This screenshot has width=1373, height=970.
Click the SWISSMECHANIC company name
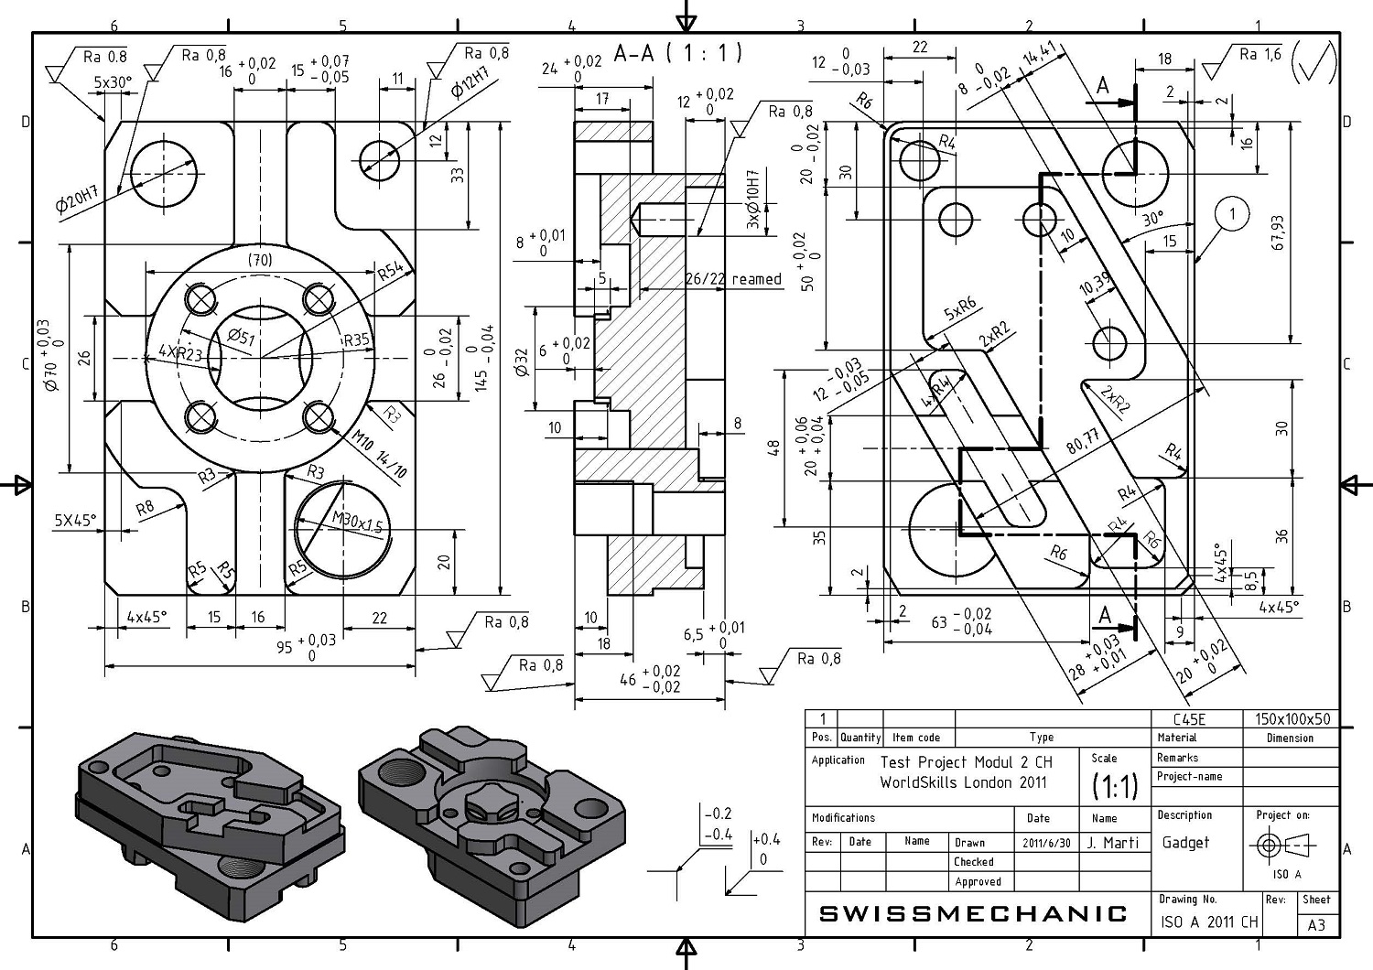[973, 913]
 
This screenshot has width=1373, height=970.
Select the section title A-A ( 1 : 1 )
[678, 53]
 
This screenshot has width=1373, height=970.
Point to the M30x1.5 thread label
[357, 522]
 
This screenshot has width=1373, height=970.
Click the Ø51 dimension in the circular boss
[241, 337]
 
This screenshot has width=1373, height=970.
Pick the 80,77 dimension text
[1083, 440]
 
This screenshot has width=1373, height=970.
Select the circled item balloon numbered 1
[1231, 214]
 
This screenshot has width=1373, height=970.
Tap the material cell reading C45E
[1189, 719]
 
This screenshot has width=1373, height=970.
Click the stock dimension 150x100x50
[1292, 719]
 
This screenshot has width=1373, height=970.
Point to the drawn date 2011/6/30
[1046, 843]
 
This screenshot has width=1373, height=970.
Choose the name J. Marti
[1112, 843]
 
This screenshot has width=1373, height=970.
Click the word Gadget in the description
[1185, 843]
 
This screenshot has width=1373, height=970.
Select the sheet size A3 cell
[1316, 924]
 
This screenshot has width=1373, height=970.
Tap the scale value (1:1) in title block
[1115, 786]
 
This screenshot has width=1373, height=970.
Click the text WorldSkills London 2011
[964, 782]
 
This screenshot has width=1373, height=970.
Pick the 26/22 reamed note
[733, 279]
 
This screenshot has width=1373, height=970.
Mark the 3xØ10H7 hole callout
[753, 199]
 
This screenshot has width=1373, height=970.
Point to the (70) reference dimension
[260, 260]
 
